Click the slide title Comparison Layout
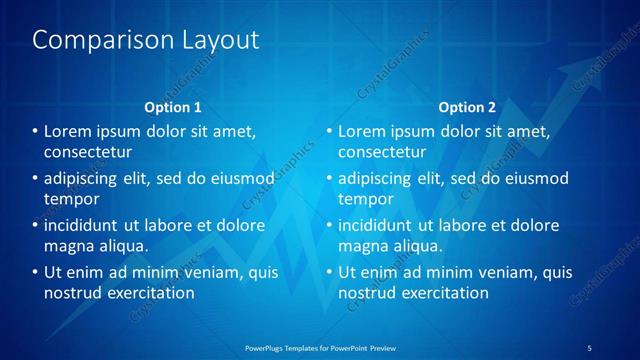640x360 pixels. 146,40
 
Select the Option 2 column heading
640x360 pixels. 466,106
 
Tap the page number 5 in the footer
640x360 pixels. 589,348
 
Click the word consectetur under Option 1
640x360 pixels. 88,152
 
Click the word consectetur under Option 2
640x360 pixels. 382,152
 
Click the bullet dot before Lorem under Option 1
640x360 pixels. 35,132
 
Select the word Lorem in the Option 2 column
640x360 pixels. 361,132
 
